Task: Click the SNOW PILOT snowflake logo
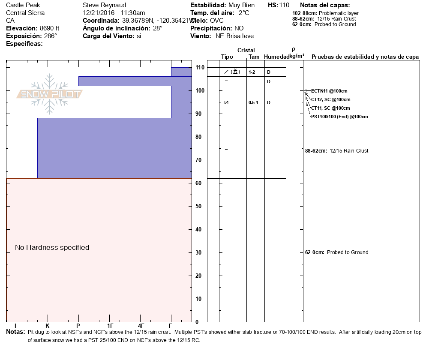pos(49,94)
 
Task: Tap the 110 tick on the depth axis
pos(200,67)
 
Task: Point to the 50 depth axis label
pos(198,206)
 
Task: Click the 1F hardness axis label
pos(110,326)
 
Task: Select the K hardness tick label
pos(47,326)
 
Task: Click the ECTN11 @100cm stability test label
pos(329,91)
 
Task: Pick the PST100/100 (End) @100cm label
pos(339,117)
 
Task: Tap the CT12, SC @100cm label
pos(330,100)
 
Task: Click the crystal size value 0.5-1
pos(253,103)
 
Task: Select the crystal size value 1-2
pos(252,72)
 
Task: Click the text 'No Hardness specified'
pos(52,248)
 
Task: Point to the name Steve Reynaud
pos(104,5)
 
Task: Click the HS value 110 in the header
pos(284,5)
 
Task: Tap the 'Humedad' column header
pos(276,57)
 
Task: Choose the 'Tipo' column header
pos(227,57)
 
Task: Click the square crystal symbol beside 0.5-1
pos(226,103)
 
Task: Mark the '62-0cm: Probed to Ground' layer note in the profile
pos(336,252)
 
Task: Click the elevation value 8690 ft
pos(49,28)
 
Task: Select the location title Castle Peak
pos(23,5)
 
